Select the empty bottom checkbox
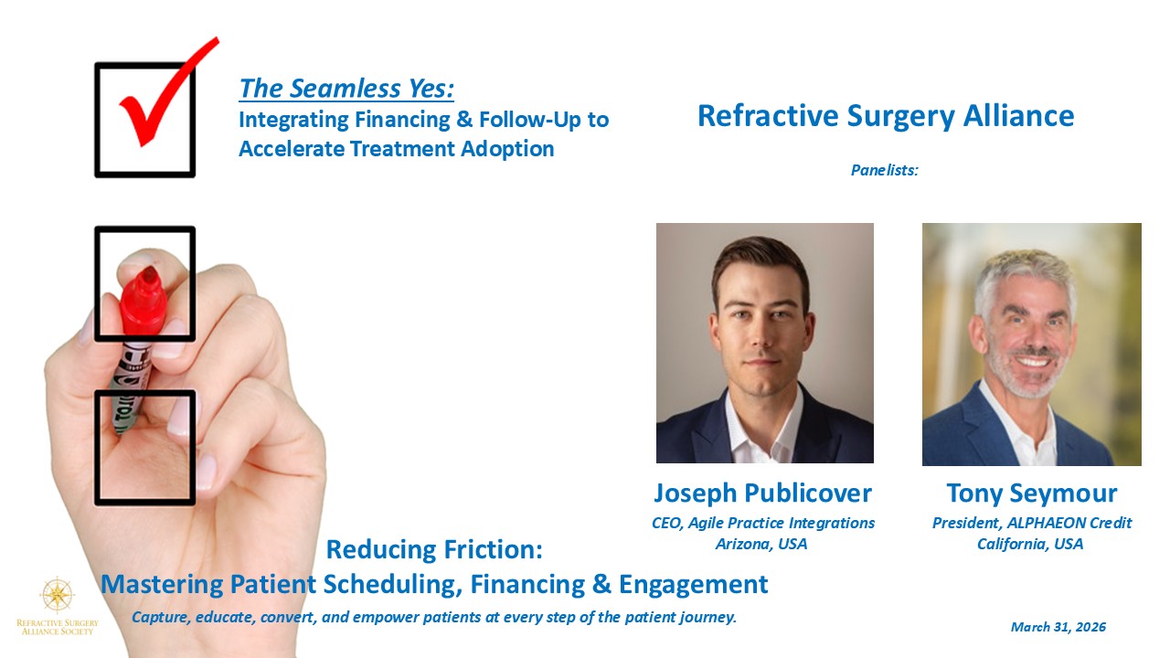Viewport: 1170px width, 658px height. click(x=145, y=448)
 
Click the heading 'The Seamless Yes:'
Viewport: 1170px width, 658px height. click(x=346, y=89)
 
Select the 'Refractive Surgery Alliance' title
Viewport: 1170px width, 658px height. click(x=886, y=116)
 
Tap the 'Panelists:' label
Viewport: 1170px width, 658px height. click(x=884, y=170)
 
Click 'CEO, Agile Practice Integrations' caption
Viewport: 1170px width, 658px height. click(x=762, y=523)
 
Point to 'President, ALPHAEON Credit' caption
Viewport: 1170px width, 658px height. click(x=1032, y=523)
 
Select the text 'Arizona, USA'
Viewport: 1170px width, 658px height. click(x=761, y=544)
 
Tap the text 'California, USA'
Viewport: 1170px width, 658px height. click(x=1030, y=544)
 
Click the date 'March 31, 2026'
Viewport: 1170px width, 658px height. click(x=1058, y=627)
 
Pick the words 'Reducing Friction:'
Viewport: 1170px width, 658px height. click(x=434, y=550)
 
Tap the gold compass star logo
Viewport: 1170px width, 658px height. click(x=57, y=594)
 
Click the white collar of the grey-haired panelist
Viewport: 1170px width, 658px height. click(x=1018, y=426)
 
